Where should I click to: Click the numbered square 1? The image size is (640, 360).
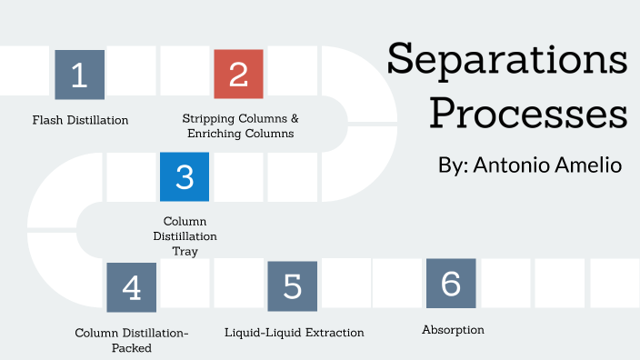coord(79,75)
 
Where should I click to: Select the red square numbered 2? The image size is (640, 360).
coord(238,75)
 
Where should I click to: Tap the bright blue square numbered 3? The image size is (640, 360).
coord(185,176)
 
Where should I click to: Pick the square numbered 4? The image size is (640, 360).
coord(131,287)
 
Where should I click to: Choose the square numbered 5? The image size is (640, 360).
coord(292,286)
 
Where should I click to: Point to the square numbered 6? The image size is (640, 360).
coord(451,284)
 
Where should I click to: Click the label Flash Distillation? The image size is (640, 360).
coord(80,120)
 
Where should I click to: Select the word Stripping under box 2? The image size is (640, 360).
coord(207,119)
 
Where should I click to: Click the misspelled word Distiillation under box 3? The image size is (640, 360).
coord(185,236)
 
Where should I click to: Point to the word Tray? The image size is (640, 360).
coord(185,251)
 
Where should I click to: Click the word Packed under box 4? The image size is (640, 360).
coord(131,347)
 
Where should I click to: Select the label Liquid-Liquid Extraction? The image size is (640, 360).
coord(294,333)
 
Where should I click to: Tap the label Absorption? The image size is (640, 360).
coord(453,329)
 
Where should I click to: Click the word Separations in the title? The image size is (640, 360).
coord(506,62)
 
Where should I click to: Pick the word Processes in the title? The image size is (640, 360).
coord(527,116)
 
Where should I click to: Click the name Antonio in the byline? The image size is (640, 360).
coord(512,165)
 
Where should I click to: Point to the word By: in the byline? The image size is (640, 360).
coord(453,166)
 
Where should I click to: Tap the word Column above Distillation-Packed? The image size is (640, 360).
coord(96,334)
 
